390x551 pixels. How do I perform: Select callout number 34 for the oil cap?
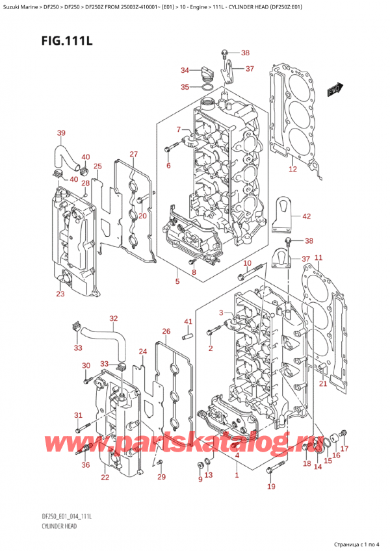click(185, 70)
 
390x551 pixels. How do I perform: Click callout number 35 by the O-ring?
click(185, 86)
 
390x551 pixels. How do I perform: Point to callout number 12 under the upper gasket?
click(292, 170)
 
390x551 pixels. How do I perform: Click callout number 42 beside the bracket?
click(306, 217)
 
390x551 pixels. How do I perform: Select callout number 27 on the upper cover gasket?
click(133, 154)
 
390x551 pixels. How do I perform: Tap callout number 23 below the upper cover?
click(60, 294)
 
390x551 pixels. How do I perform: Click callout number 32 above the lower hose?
click(114, 318)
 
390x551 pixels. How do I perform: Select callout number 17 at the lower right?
click(344, 448)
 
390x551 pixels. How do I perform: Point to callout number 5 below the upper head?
click(177, 282)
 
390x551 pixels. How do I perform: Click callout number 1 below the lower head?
click(237, 476)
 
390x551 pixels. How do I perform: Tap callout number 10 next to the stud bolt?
click(247, 263)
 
